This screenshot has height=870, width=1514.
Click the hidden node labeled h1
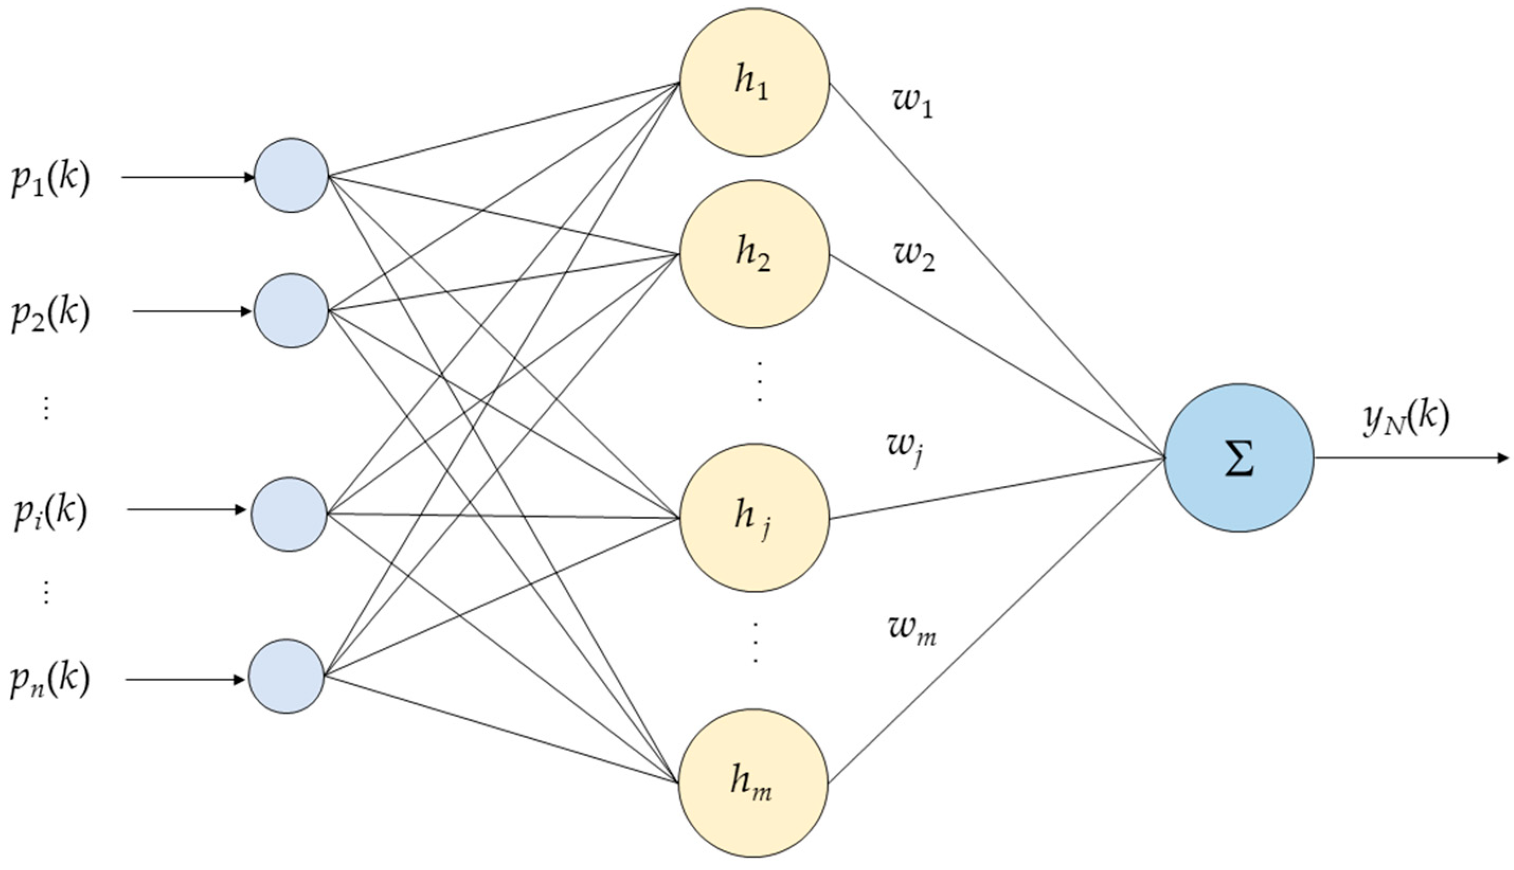coord(754,82)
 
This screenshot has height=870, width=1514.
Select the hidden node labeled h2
coord(754,254)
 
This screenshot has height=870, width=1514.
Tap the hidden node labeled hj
coord(754,518)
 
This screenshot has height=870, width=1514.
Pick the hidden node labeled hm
coord(753,783)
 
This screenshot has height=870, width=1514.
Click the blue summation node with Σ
coord(1238,458)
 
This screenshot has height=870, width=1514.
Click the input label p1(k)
coord(51,179)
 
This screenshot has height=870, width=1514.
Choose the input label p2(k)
coord(51,313)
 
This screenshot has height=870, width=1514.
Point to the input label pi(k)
coord(51,512)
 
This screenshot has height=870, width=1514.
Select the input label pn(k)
coord(51,681)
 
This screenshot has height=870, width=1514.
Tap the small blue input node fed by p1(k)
coord(291,175)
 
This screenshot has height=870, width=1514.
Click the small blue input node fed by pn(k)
coord(286,676)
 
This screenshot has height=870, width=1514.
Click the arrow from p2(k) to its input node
coord(191,311)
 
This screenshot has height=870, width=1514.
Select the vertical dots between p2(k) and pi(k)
coord(46,408)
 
